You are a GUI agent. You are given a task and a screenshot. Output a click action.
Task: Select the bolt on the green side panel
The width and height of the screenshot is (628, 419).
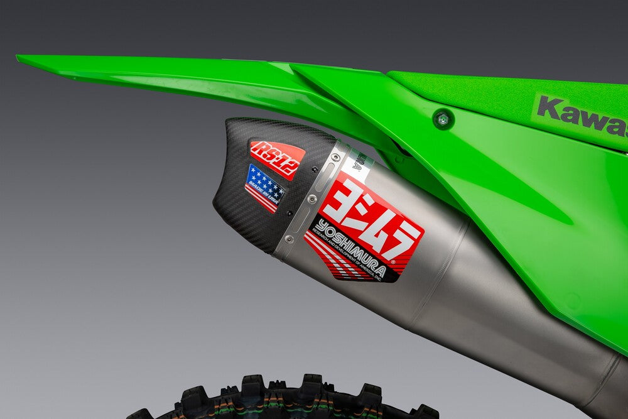click(x=443, y=118)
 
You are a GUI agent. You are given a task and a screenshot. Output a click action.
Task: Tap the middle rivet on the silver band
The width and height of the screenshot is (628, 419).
click(x=312, y=199)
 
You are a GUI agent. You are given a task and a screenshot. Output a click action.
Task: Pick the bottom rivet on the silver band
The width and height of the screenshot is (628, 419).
click(x=289, y=238)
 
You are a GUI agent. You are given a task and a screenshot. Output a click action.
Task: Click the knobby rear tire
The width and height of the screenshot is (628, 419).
click(x=283, y=399)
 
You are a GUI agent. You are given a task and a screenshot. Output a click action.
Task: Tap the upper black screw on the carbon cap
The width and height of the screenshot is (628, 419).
click(x=300, y=169)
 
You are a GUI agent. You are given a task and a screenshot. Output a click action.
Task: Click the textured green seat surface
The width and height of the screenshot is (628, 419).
click(x=502, y=94)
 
